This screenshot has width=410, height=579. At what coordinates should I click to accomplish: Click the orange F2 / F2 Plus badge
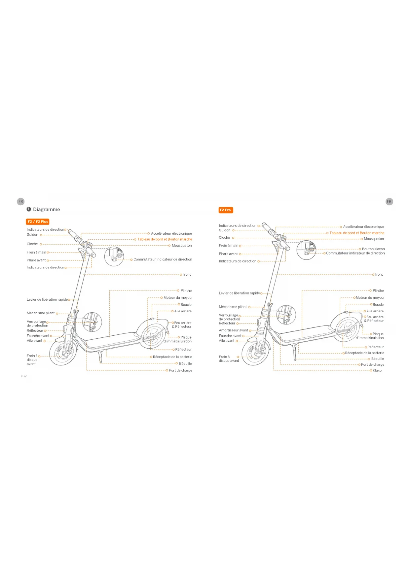[38, 221]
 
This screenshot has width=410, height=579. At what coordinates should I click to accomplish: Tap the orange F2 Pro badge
[225, 210]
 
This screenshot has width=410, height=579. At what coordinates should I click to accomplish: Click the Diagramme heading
[46, 210]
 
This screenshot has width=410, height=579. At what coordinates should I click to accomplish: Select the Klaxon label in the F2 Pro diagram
[378, 370]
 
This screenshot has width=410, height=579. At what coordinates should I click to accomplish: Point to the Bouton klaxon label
[373, 249]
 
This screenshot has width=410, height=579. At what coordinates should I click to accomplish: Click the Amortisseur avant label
[233, 330]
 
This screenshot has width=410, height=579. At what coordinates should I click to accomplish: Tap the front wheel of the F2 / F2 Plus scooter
[63, 353]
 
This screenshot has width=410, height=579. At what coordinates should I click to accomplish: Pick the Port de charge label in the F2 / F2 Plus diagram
[180, 370]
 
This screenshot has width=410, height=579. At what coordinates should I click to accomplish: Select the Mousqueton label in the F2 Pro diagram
[374, 239]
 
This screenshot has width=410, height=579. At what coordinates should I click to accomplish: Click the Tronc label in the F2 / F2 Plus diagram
[187, 274]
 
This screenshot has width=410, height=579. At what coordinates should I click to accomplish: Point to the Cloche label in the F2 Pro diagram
[224, 238]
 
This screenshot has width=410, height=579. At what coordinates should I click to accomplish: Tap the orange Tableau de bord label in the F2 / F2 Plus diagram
[165, 239]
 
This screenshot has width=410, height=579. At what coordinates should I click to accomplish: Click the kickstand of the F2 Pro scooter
[294, 353]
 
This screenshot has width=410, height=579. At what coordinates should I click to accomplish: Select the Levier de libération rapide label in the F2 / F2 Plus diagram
[47, 299]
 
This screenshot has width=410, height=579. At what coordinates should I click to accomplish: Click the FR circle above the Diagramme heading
[21, 201]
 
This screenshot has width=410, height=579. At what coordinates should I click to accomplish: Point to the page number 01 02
[24, 376]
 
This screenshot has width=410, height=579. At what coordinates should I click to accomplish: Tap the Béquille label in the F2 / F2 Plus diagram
[185, 363]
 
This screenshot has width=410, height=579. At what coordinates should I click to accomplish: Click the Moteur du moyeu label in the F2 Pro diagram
[369, 297]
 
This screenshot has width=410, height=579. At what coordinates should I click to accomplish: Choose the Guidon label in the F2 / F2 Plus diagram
[32, 235]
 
